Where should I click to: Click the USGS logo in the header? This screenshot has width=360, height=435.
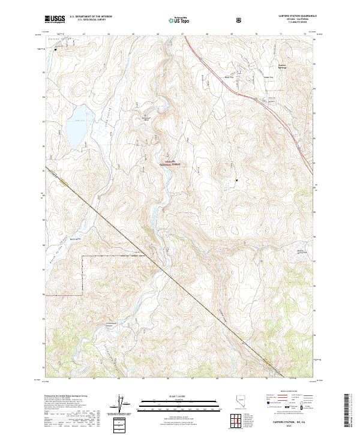coord(55,20)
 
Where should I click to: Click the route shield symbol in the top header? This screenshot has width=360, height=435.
coord(239,20)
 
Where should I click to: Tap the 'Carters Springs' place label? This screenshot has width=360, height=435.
coord(283,66)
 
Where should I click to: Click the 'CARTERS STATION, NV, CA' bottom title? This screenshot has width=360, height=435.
coord(287,421)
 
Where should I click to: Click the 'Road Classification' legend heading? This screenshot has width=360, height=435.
coord(287,395)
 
